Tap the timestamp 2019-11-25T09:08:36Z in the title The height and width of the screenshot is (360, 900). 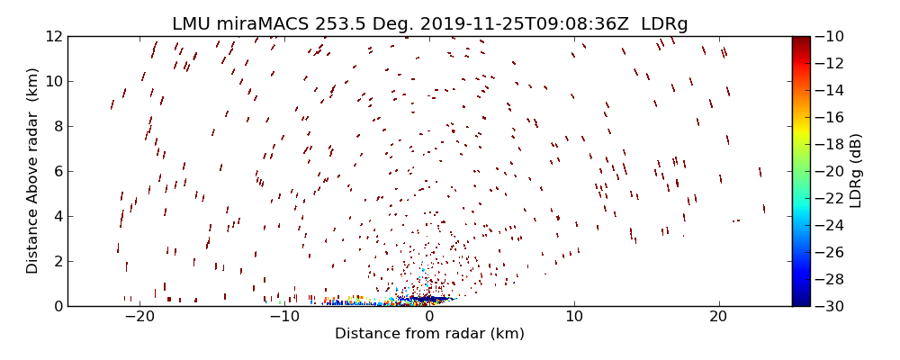(x=525, y=23)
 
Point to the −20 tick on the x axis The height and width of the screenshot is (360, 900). (x=139, y=317)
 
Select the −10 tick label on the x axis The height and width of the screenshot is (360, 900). (x=283, y=317)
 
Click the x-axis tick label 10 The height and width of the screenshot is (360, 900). (x=573, y=317)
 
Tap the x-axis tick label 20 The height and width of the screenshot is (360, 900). (x=718, y=317)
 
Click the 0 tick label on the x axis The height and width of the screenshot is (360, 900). (x=429, y=317)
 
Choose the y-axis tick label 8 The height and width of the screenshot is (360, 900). (x=57, y=126)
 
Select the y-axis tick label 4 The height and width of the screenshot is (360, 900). (x=57, y=216)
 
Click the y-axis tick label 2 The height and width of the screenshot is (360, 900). (x=57, y=261)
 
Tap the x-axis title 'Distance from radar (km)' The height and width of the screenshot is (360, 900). (x=429, y=334)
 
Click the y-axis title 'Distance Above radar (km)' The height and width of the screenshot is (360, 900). (x=33, y=171)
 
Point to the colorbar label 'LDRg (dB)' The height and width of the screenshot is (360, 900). (x=856, y=171)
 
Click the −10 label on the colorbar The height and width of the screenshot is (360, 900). (x=830, y=36)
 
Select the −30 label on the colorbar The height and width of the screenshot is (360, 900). (x=830, y=306)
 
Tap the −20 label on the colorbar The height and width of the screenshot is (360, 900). (x=830, y=171)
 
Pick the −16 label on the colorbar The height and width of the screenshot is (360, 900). (x=830, y=117)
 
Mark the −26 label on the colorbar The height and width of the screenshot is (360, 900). (x=830, y=252)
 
